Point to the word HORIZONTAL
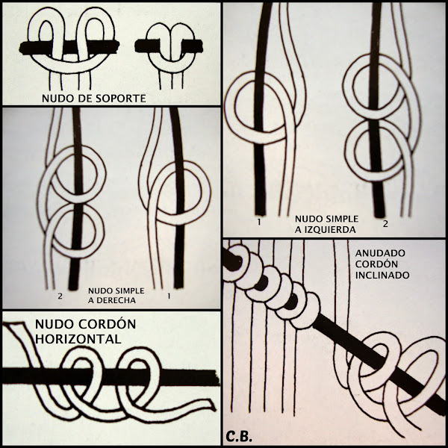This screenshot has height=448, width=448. click(x=78, y=339)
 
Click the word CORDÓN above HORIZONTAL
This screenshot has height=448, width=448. click(x=107, y=324)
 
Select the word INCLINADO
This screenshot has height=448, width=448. click(x=382, y=275)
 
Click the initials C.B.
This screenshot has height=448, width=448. click(x=239, y=436)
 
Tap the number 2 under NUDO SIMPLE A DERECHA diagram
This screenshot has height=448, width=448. click(x=60, y=296)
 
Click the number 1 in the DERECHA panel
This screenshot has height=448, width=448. click(x=169, y=296)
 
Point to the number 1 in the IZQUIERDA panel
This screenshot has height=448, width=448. click(x=259, y=222)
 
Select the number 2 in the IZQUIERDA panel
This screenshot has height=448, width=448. click(x=385, y=224)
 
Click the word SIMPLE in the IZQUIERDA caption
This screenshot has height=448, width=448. click(x=343, y=219)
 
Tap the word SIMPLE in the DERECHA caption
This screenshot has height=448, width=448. click(x=129, y=291)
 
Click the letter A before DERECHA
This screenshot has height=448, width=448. click(x=90, y=300)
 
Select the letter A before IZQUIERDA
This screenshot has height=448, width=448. click(x=298, y=229)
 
